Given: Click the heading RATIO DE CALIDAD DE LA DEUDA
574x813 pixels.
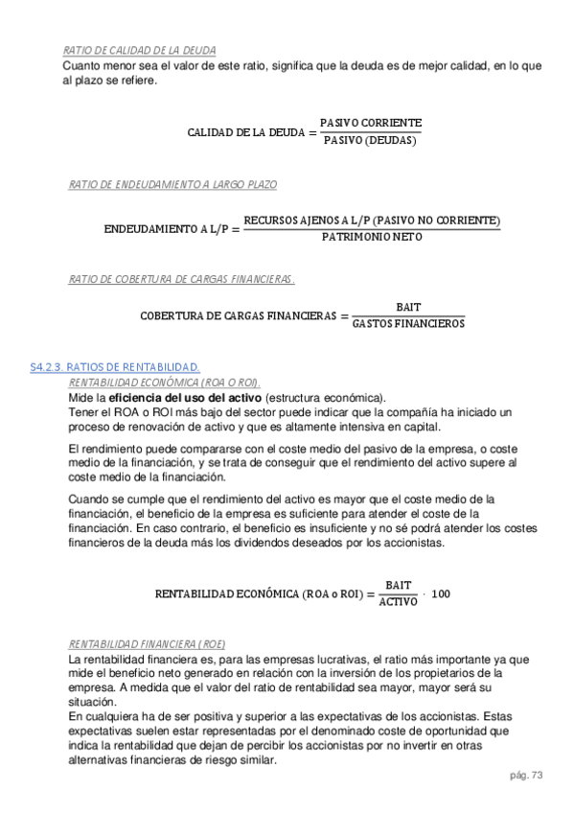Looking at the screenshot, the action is pyautogui.click(x=139, y=50).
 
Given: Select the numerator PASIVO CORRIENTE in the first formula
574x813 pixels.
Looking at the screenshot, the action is pyautogui.click(x=370, y=124).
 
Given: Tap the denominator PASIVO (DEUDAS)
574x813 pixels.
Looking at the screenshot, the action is pyautogui.click(x=370, y=141).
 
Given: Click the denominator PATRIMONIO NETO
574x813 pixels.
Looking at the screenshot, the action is pyautogui.click(x=372, y=237).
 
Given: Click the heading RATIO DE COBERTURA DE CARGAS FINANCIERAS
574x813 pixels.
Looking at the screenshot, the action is pyautogui.click(x=182, y=279).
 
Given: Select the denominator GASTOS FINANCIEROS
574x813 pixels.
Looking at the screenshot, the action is pyautogui.click(x=408, y=324).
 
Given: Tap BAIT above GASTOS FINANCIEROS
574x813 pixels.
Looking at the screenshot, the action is pyautogui.click(x=408, y=307).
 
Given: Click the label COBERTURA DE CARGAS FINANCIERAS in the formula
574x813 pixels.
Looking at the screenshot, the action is pyautogui.click(x=239, y=315).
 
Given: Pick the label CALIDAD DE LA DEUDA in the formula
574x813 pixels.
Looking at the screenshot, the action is pyautogui.click(x=246, y=132).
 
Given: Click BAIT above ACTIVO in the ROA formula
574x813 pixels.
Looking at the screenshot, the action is pyautogui.click(x=398, y=585).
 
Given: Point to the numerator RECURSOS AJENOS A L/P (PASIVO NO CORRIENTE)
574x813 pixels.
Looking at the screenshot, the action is pyautogui.click(x=372, y=220).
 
